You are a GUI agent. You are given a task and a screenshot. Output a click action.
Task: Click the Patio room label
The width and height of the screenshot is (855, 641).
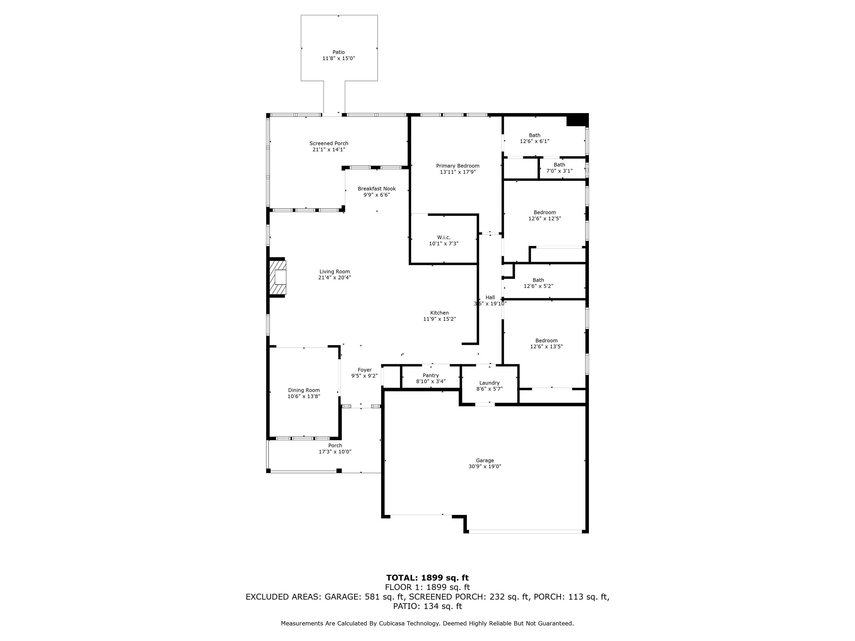339,52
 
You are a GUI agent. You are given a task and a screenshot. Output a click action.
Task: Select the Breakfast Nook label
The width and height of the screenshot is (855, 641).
377,189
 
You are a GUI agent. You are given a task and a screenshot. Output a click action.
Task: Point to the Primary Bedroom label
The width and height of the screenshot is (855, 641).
458,166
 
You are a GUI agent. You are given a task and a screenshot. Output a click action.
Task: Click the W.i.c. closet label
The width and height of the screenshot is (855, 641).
444,237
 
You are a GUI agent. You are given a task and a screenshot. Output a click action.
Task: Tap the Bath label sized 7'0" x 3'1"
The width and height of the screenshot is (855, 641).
559,165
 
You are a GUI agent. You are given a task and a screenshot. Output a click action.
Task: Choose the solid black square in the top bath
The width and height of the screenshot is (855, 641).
576,120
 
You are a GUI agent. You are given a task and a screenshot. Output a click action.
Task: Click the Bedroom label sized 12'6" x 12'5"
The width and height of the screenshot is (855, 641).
545,212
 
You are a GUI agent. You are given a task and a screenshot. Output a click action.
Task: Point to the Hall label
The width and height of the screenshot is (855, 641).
490,297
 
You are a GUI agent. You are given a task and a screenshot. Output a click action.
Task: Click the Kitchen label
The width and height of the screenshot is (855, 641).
439,313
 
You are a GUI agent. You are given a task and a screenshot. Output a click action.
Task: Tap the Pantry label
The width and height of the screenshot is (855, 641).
431,376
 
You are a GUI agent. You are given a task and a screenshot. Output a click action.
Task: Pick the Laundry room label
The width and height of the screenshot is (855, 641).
489,383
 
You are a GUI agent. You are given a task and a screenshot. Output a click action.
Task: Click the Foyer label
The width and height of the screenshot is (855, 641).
365,370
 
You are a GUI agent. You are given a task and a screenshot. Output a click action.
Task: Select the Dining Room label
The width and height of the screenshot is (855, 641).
304,390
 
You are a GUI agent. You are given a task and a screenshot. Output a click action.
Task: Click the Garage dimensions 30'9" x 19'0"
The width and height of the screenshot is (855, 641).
485,466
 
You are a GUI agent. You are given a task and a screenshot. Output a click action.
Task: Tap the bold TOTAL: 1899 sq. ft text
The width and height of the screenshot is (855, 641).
427,578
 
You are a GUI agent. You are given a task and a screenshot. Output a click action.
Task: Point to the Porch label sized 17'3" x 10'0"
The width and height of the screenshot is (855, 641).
335,445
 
